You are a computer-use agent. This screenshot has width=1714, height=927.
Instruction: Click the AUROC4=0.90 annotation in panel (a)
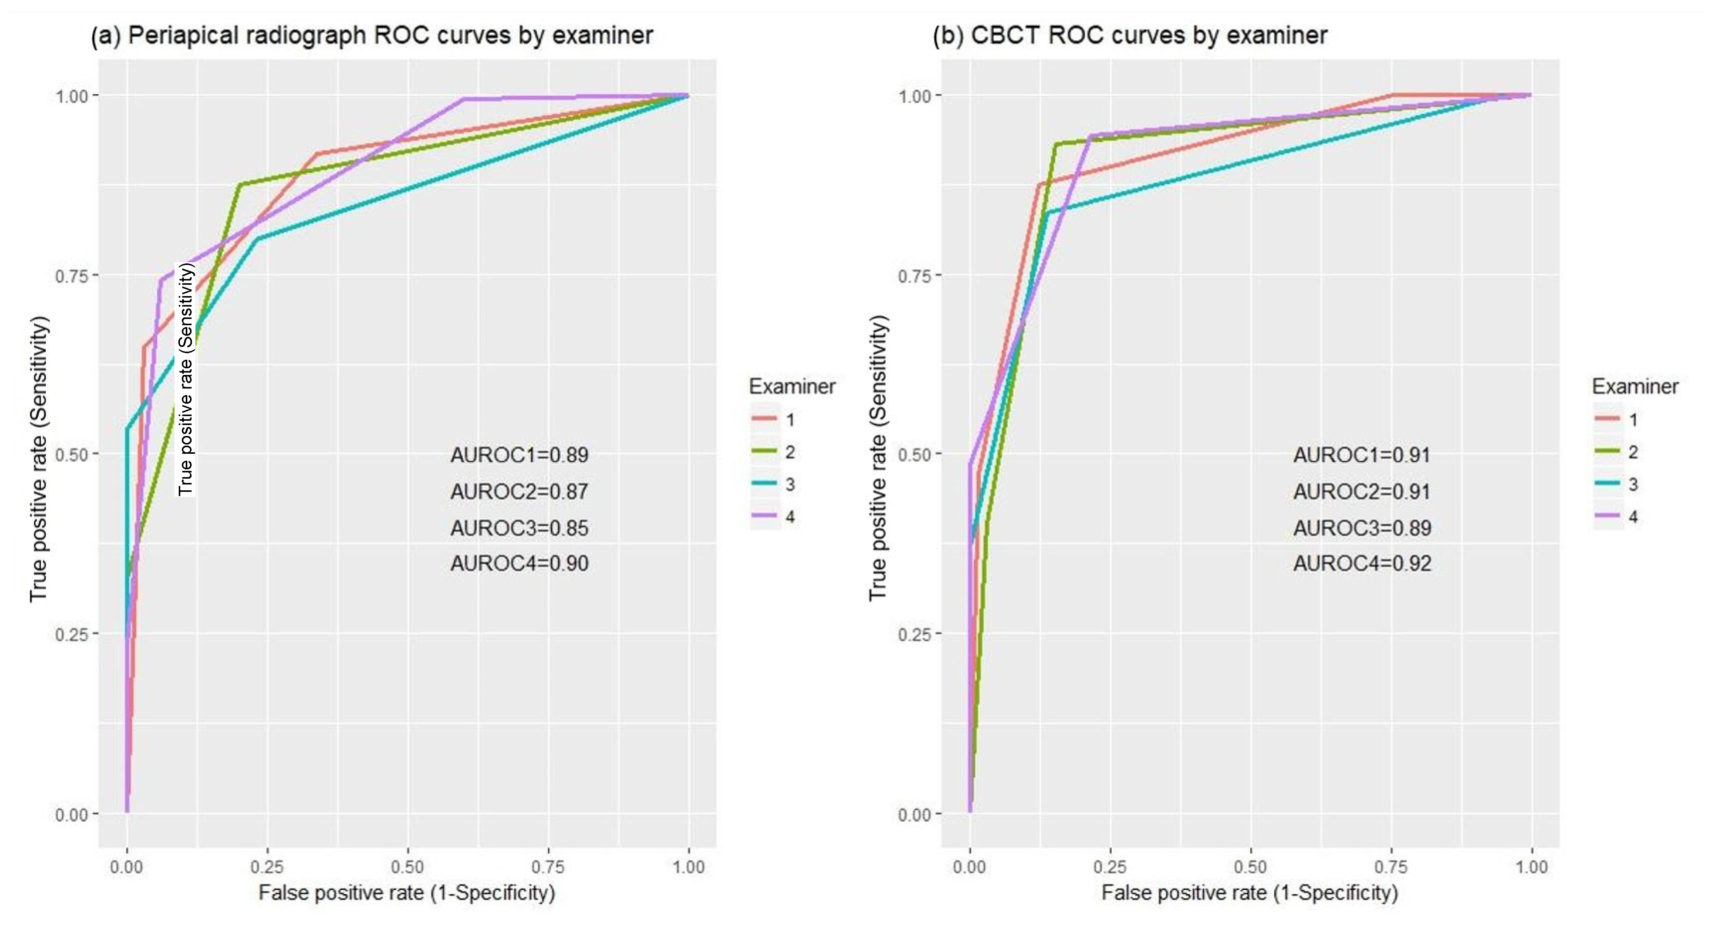[519, 564]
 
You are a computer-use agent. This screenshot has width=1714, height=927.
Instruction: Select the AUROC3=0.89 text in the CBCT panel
[1362, 528]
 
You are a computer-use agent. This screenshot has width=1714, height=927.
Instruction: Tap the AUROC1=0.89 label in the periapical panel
[519, 455]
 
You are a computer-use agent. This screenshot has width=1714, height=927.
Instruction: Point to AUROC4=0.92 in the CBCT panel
[1362, 564]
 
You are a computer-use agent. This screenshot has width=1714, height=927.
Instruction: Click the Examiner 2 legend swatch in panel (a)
[764, 452]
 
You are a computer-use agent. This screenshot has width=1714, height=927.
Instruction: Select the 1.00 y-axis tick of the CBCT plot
[914, 96]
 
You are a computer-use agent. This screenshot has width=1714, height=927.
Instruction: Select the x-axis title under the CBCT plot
[1250, 892]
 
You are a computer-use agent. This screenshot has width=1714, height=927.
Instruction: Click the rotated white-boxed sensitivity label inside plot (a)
[186, 379]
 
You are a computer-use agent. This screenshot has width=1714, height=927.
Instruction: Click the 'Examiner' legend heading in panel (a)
[792, 387]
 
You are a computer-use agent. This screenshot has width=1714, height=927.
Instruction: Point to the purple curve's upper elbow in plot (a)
[463, 99]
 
